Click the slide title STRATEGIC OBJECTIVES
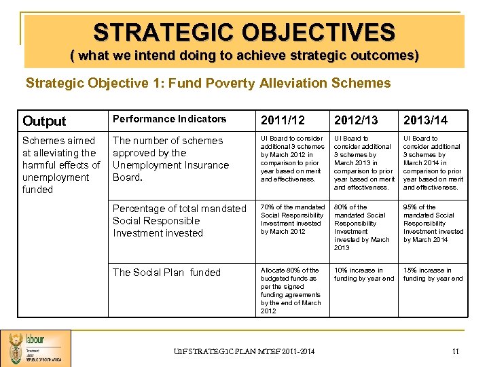tap(244, 32)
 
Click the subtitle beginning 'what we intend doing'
tap(244, 56)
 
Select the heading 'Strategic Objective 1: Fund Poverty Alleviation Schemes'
tap(208, 84)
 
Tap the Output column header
tap(44, 121)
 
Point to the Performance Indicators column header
tap(169, 119)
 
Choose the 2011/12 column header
tap(283, 120)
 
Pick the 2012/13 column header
tap(357, 120)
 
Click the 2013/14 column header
tap(426, 120)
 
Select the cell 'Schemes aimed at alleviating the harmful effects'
tap(61, 164)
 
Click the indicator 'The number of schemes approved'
tap(170, 158)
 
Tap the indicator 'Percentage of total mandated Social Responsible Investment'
tap(179, 221)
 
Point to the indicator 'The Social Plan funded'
tap(166, 273)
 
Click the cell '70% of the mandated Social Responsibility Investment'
tap(293, 219)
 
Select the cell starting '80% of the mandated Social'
tap(363, 227)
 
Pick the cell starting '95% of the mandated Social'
tap(433, 223)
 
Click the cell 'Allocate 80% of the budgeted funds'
tap(291, 290)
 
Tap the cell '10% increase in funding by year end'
tap(363, 274)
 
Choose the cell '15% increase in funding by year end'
tap(433, 274)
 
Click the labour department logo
tap(35, 348)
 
